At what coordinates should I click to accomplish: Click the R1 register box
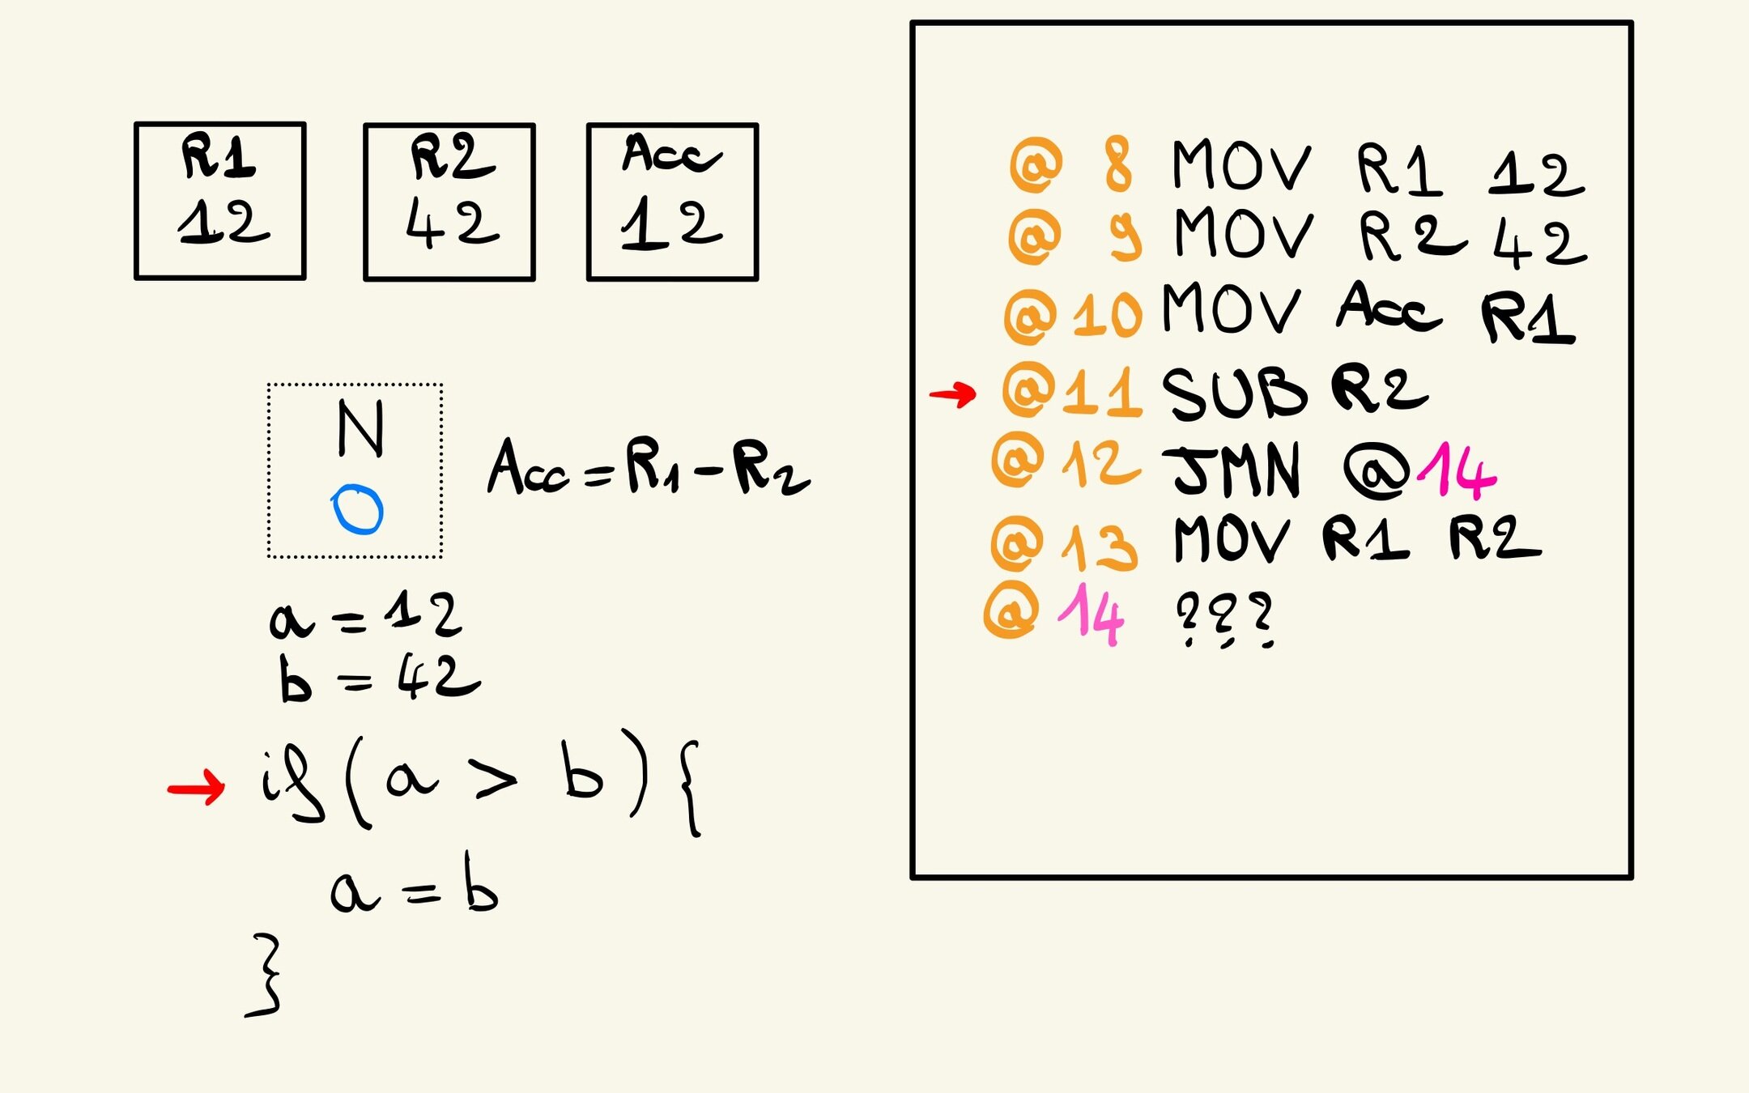tap(219, 201)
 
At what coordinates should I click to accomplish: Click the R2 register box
tap(449, 202)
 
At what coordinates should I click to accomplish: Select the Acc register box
tap(672, 202)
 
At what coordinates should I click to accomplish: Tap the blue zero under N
tap(357, 510)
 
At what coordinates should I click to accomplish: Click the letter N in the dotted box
tap(360, 428)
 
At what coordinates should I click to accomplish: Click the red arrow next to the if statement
tap(196, 787)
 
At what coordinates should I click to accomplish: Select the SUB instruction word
tap(1233, 393)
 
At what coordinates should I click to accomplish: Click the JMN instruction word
tap(1236, 470)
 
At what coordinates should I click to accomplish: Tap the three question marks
tap(1224, 619)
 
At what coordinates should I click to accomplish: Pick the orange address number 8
tap(1118, 164)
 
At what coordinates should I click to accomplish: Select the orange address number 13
tap(1100, 545)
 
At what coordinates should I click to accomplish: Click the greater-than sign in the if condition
tap(496, 780)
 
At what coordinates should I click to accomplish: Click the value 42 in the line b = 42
tap(438, 676)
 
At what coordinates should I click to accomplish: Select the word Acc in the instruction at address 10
tap(1388, 308)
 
